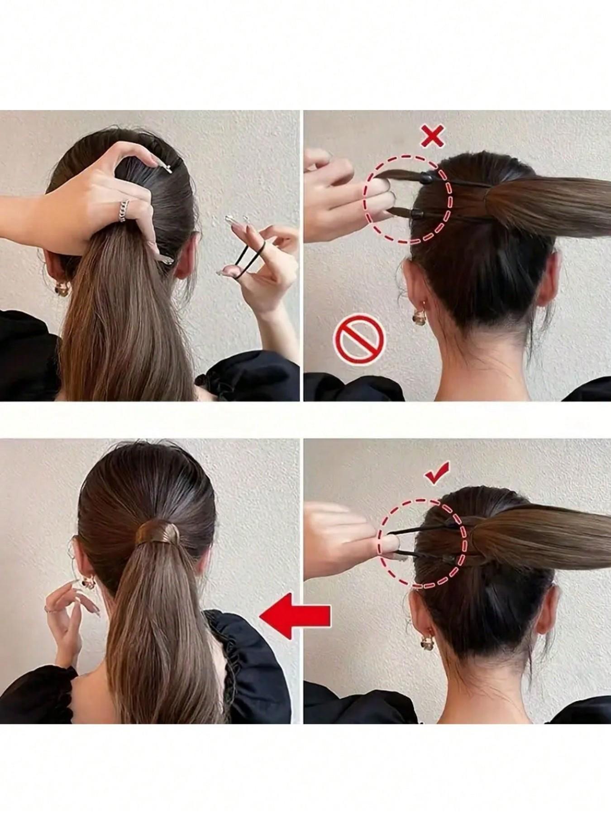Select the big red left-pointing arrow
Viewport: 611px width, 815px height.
(295, 616)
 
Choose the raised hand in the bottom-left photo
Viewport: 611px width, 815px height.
(68, 620)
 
